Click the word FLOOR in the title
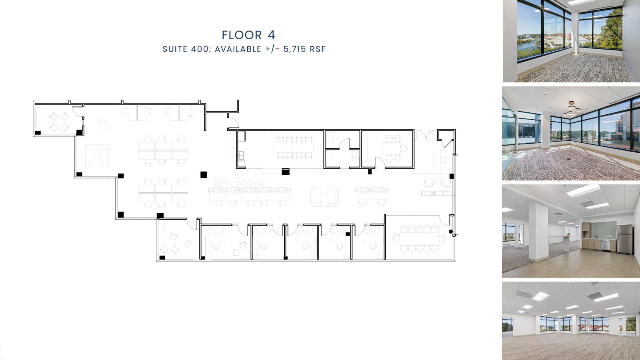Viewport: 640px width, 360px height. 242,35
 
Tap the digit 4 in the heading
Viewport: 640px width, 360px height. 272,35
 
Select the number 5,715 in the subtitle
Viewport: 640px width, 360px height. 294,49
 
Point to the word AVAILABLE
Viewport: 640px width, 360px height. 238,49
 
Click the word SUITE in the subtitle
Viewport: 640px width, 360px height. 175,49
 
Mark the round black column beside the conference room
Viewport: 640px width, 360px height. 451,232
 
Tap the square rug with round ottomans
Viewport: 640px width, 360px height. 97,156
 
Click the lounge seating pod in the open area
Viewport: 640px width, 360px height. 324,196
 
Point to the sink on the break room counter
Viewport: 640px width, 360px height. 241,155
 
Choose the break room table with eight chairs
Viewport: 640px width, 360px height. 294,147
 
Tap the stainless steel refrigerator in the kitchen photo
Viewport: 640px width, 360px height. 625,239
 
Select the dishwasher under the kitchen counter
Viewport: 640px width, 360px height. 606,245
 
